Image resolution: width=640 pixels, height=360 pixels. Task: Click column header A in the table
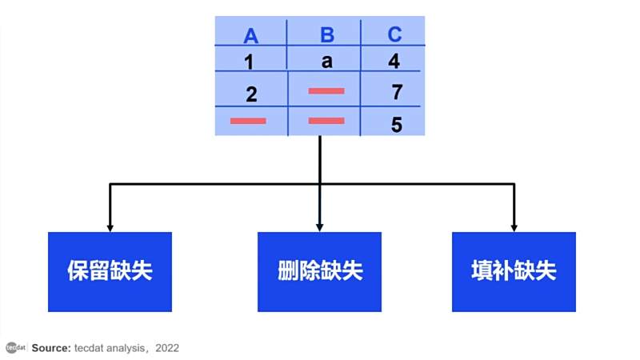pyautogui.click(x=250, y=36)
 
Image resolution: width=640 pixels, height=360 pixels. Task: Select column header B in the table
pyautogui.click(x=327, y=34)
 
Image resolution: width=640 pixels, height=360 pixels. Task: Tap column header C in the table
pyautogui.click(x=394, y=34)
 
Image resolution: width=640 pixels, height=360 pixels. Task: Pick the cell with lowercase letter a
pyautogui.click(x=326, y=62)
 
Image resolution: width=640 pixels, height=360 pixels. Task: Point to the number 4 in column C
pyautogui.click(x=394, y=61)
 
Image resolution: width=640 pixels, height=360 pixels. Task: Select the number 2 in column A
pyautogui.click(x=251, y=94)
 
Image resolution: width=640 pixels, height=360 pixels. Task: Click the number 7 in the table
pyautogui.click(x=397, y=92)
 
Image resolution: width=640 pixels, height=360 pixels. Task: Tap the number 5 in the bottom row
pyautogui.click(x=396, y=125)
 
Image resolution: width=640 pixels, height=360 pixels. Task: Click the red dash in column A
pyautogui.click(x=248, y=121)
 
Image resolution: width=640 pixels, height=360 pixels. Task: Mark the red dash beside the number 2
pyautogui.click(x=326, y=91)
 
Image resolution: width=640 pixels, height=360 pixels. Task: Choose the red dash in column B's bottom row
pyautogui.click(x=326, y=121)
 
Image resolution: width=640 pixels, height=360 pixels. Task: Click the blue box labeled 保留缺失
pyautogui.click(x=110, y=272)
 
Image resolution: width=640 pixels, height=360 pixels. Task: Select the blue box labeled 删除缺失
pyautogui.click(x=319, y=272)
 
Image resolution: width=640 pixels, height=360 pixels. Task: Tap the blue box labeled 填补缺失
pyautogui.click(x=514, y=272)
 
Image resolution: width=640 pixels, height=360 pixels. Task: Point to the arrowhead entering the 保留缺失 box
pyautogui.click(x=110, y=228)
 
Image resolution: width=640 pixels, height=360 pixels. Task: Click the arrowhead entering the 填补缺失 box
pyautogui.click(x=514, y=228)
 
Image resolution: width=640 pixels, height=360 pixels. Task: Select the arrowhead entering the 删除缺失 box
pyautogui.click(x=319, y=228)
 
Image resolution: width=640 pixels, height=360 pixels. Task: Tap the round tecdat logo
pyautogui.click(x=12, y=348)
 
